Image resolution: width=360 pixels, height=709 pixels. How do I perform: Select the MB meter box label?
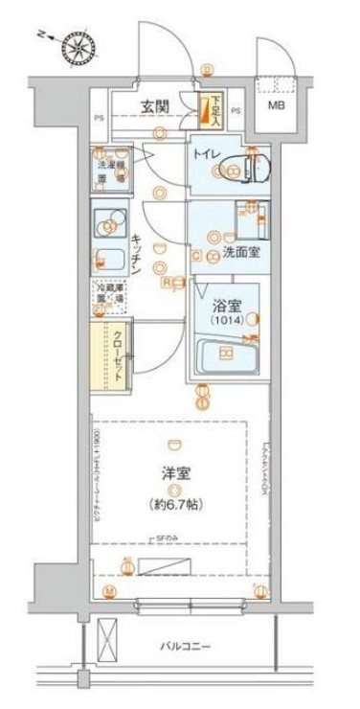pyautogui.click(x=276, y=105)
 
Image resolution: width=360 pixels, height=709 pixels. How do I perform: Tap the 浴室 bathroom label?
pyautogui.click(x=226, y=309)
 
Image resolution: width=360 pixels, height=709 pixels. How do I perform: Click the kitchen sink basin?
pyautogui.click(x=110, y=260)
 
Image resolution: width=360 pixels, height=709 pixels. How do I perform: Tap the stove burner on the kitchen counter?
pyautogui.click(x=109, y=226)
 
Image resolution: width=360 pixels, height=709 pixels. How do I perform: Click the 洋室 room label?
pyautogui.click(x=170, y=474)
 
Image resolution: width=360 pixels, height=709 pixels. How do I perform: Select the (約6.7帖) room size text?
pyautogui.click(x=172, y=503)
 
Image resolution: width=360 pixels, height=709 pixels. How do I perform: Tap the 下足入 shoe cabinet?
pyautogui.click(x=210, y=112)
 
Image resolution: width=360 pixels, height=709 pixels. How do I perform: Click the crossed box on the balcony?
pyautogui.click(x=109, y=639)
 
